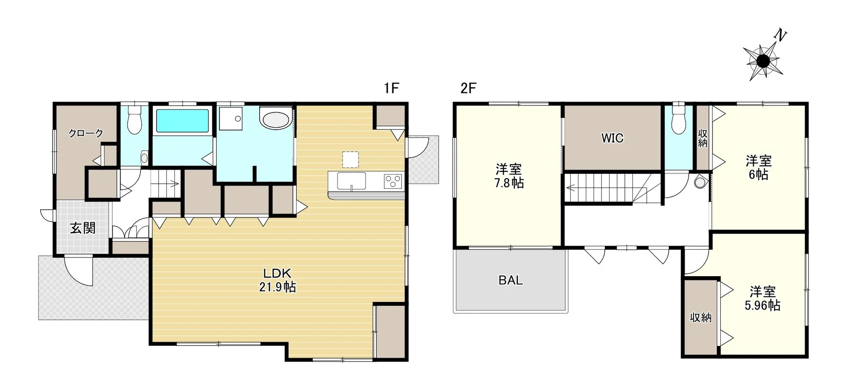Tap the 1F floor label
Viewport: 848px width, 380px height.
[391, 88]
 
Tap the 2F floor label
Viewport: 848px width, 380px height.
[469, 88]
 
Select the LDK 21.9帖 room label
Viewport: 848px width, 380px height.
[277, 280]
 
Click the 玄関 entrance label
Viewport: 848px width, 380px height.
[83, 228]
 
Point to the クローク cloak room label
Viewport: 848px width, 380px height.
[86, 133]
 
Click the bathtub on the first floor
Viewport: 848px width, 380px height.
[182, 121]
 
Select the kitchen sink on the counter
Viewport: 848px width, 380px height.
[352, 181]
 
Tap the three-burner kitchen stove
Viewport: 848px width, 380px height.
[393, 181]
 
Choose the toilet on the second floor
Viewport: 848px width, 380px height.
[678, 119]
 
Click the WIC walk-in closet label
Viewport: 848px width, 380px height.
[612, 138]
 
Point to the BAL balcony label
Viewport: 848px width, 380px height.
[511, 280]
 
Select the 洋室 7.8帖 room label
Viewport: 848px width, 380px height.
[509, 175]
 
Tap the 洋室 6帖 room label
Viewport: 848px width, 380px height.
[759, 167]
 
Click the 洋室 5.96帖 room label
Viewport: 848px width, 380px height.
[762, 298]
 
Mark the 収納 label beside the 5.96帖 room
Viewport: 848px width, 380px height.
[701, 317]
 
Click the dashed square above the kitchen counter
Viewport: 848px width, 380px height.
[350, 160]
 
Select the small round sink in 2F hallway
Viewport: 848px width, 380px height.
[700, 182]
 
